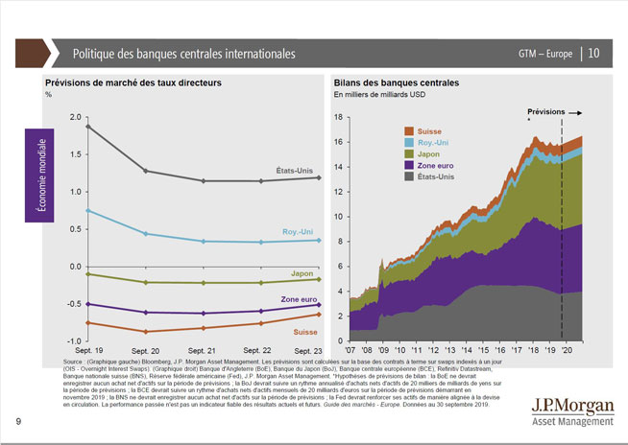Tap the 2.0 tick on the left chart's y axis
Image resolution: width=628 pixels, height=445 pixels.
(78, 117)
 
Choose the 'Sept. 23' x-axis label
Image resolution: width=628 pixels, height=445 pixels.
(306, 352)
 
